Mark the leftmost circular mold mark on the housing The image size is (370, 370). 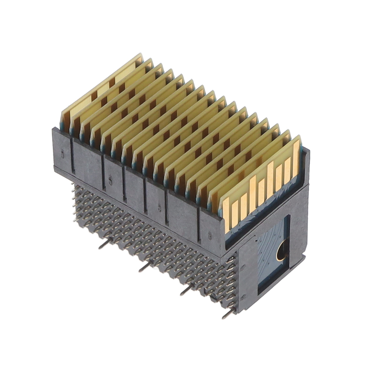pyautogui.click(x=62, y=153)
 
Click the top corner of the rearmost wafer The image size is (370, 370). pyautogui.click(x=140, y=55)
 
